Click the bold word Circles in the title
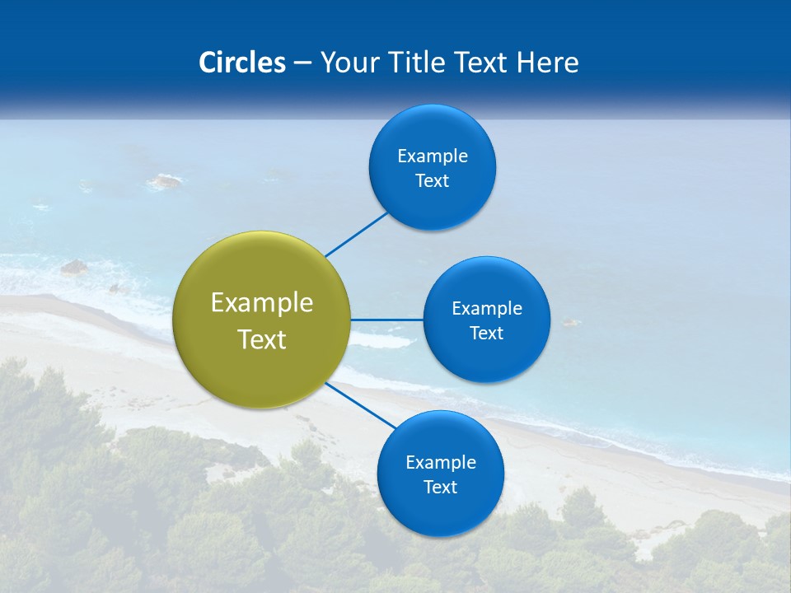pyautogui.click(x=242, y=63)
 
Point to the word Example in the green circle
pyautogui.click(x=262, y=303)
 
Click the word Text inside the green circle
pyautogui.click(x=262, y=339)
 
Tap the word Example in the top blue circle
pyautogui.click(x=433, y=156)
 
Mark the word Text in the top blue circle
pyautogui.click(x=433, y=181)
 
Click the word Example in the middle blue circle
pyautogui.click(x=487, y=309)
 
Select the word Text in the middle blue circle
pyautogui.click(x=487, y=334)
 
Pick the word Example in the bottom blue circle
pyautogui.click(x=440, y=463)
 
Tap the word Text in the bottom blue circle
pyautogui.click(x=440, y=488)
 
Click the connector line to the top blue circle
pyautogui.click(x=356, y=235)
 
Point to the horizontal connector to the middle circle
pyautogui.click(x=387, y=320)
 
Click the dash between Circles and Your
pyautogui.click(x=302, y=63)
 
